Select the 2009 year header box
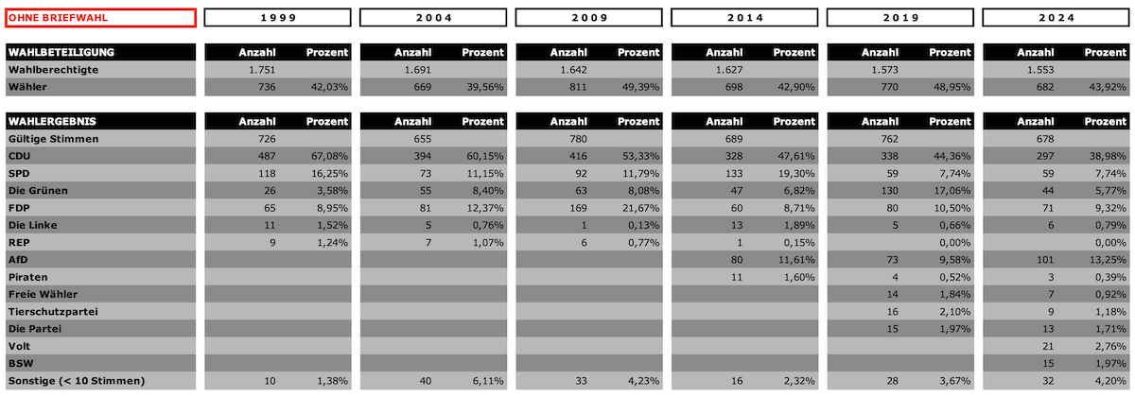pyautogui.click(x=588, y=18)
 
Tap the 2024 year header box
pyautogui.click(x=1056, y=18)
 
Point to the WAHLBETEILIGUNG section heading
pyautogui.click(x=61, y=52)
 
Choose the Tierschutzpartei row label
pyautogui.click(x=53, y=312)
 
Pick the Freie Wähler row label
pyautogui.click(x=44, y=294)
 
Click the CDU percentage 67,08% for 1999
pyautogui.click(x=329, y=156)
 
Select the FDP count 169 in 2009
pyautogui.click(x=578, y=208)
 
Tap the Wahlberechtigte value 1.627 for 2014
pyautogui.click(x=729, y=70)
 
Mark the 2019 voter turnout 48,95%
pyautogui.click(x=952, y=87)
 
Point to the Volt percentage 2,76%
pyautogui.click(x=1110, y=346)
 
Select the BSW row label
pyautogui.click(x=21, y=364)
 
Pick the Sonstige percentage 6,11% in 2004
pyautogui.click(x=488, y=381)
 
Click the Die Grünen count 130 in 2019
pyautogui.click(x=889, y=191)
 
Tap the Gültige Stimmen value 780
pyautogui.click(x=578, y=139)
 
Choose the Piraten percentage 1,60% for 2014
pyautogui.click(x=799, y=278)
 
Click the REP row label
pyautogui.click(x=19, y=243)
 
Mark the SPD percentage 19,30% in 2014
pyautogui.click(x=796, y=174)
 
